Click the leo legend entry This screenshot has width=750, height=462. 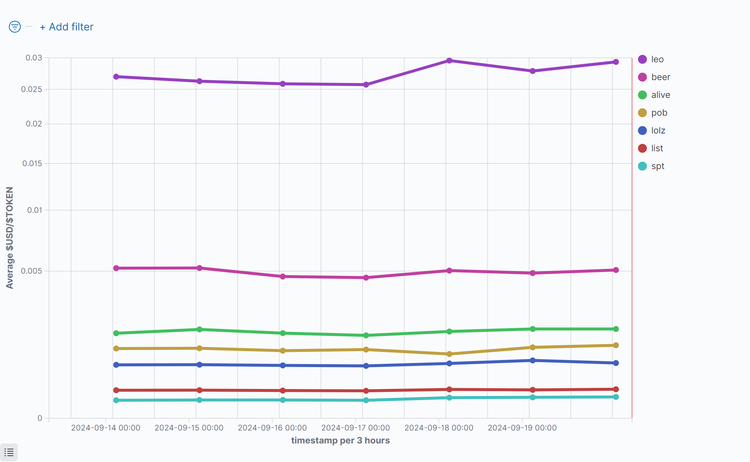657,59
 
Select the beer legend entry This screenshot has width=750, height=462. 660,77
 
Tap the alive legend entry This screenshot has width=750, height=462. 660,95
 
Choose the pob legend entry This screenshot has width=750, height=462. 659,113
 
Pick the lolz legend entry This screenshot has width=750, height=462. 658,131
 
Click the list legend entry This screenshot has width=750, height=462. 657,148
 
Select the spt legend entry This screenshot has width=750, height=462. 658,166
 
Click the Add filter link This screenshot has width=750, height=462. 67,27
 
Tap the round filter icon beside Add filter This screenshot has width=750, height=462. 15,27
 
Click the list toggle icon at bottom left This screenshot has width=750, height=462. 9,452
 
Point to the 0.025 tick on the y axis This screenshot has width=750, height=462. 32,89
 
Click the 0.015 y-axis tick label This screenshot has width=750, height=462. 32,164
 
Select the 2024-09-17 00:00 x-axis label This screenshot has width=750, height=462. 355,428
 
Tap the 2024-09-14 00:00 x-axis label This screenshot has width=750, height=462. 106,428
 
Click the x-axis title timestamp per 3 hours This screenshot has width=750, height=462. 340,440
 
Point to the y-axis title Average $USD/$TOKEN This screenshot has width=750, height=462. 10,238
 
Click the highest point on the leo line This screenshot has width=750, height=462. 449,60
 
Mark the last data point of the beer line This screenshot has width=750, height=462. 616,270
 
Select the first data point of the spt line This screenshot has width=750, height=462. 116,400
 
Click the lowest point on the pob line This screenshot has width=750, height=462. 449,354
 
